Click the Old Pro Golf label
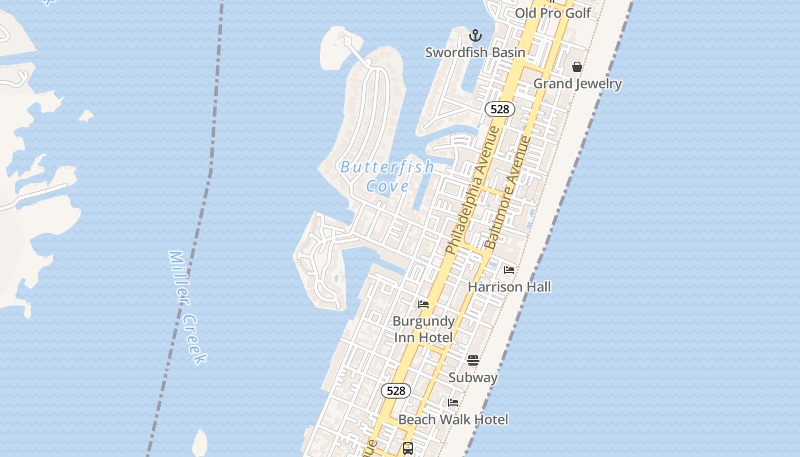[x=553, y=13]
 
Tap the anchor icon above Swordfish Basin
[x=475, y=36]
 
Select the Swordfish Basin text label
[x=475, y=53]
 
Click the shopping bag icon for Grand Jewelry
[x=577, y=67]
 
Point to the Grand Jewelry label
[x=577, y=83]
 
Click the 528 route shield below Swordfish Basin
[x=499, y=109]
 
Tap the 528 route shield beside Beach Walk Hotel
[x=395, y=391]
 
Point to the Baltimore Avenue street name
[x=508, y=192]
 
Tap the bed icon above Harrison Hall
[x=509, y=270]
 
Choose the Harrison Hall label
[x=509, y=286]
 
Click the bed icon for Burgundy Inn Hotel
[x=423, y=304]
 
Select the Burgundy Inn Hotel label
[x=423, y=329]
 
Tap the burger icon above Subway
[x=473, y=360]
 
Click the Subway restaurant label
[x=473, y=377]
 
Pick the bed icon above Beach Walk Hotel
[x=453, y=403]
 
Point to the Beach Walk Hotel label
[x=453, y=419]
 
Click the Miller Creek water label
[x=187, y=307]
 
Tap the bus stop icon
[x=408, y=448]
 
